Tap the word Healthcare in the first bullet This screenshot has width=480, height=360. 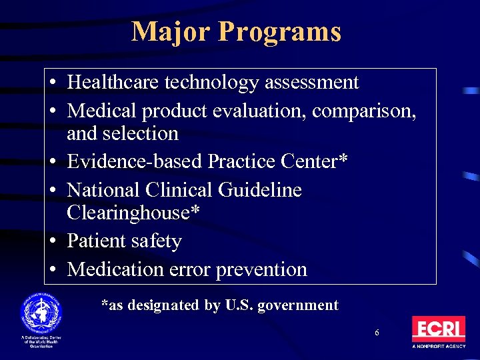[112, 83]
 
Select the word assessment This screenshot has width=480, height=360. [311, 83]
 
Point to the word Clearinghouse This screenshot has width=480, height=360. [134, 213]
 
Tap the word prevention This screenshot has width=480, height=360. [263, 270]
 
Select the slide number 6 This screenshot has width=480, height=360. [377, 332]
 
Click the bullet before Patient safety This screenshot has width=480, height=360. [51, 241]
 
